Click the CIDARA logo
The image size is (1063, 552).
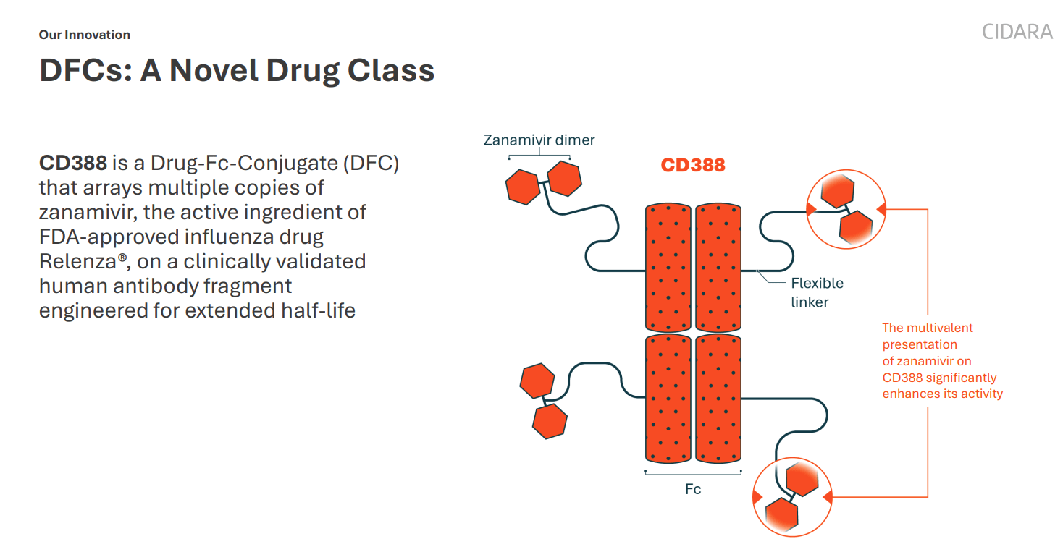coord(1017,32)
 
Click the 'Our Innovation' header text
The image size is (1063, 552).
coord(85,35)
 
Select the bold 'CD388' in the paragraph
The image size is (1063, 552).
coord(73,163)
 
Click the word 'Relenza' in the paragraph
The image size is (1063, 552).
coord(79,261)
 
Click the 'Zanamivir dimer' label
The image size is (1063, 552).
coord(539,140)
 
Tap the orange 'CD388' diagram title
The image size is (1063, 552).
coord(692,165)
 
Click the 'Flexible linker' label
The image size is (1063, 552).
coord(816,292)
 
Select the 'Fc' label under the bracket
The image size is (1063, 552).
coord(693,489)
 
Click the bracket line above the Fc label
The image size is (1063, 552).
coord(693,474)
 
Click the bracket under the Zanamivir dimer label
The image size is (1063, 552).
coord(539,154)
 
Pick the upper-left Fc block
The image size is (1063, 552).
coord(668,267)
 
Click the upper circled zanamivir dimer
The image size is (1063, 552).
coord(845,209)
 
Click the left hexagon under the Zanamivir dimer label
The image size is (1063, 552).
coord(523,187)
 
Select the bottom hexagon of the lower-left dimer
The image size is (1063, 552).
coord(550,421)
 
